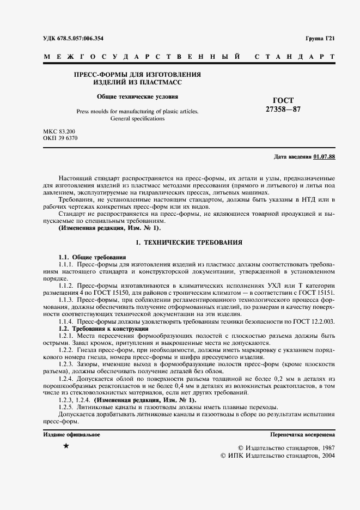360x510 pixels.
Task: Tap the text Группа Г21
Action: [321, 39]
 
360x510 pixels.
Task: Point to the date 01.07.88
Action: [325, 157]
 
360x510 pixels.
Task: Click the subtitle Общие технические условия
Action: [137, 96]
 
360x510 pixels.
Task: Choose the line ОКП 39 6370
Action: [60, 139]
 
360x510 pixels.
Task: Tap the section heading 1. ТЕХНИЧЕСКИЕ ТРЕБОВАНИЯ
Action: [188, 241]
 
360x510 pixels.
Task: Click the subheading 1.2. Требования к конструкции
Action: [103, 329]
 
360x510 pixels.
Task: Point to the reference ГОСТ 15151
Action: [319, 293]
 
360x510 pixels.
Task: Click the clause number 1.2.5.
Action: [66, 408]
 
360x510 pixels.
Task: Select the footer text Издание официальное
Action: [71, 434]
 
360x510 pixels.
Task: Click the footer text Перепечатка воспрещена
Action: [302, 434]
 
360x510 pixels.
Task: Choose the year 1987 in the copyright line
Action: [325, 447]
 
